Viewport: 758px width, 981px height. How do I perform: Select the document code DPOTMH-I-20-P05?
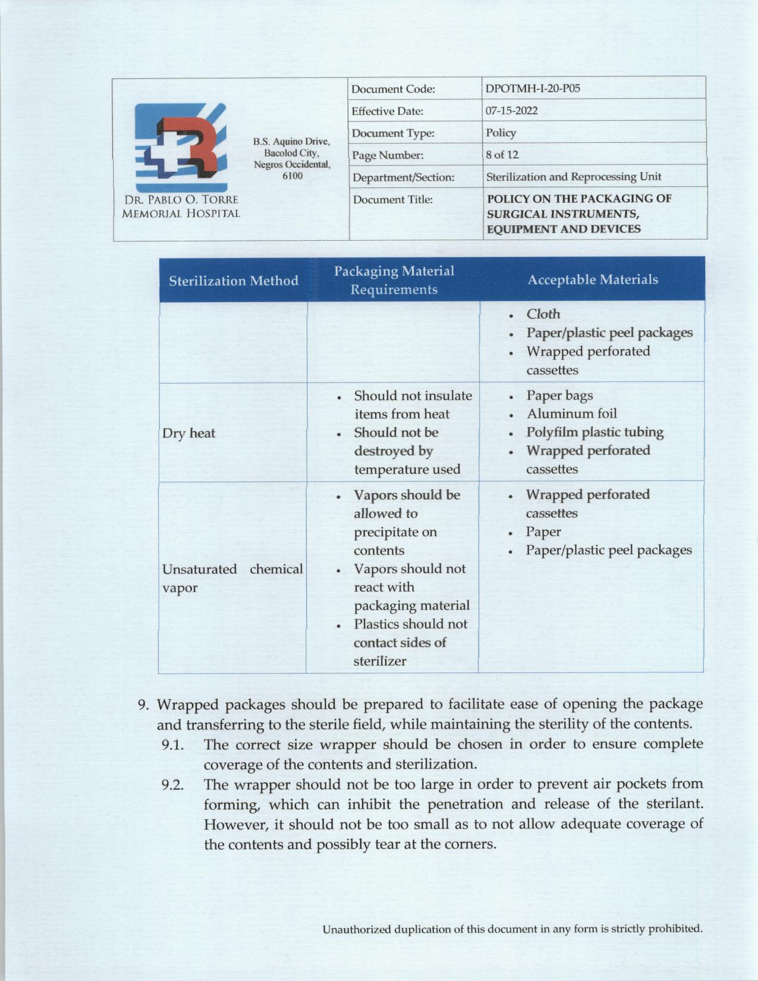pos(533,89)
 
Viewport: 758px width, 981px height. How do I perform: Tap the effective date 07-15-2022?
pos(511,111)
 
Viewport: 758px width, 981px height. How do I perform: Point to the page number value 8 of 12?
pos(502,155)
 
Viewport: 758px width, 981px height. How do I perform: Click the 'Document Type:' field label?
pos(393,133)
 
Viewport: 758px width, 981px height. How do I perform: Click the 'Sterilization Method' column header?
pos(234,281)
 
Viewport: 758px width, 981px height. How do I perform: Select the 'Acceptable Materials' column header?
pos(593,279)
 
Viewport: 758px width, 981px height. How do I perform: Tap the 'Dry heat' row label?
pos(189,433)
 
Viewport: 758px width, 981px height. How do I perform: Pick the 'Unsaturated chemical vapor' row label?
pos(232,578)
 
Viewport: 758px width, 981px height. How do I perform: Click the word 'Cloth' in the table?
pos(543,314)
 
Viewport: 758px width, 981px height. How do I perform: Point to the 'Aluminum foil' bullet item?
pos(571,414)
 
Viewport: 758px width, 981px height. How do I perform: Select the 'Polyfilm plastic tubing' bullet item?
pos(595,432)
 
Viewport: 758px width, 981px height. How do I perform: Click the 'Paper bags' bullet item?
pos(559,395)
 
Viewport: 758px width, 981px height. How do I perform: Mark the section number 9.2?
pos(172,785)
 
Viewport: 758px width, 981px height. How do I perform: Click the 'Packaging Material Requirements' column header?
pos(394,280)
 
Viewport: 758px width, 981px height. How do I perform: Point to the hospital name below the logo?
pos(181,206)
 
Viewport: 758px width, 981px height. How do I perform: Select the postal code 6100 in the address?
pos(292,175)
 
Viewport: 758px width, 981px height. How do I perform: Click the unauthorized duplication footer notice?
pos(512,929)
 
